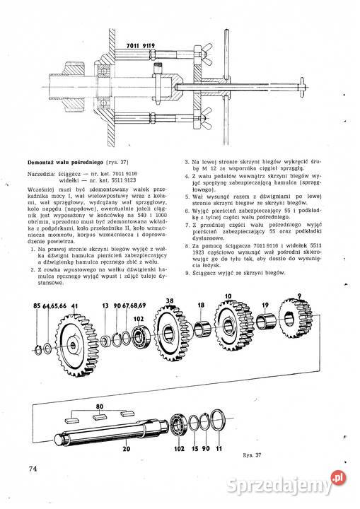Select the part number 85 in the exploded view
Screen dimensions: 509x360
pyautogui.click(x=36, y=305)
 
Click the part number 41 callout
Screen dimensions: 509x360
pyautogui.click(x=74, y=305)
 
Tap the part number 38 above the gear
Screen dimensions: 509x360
pyautogui.click(x=169, y=300)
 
